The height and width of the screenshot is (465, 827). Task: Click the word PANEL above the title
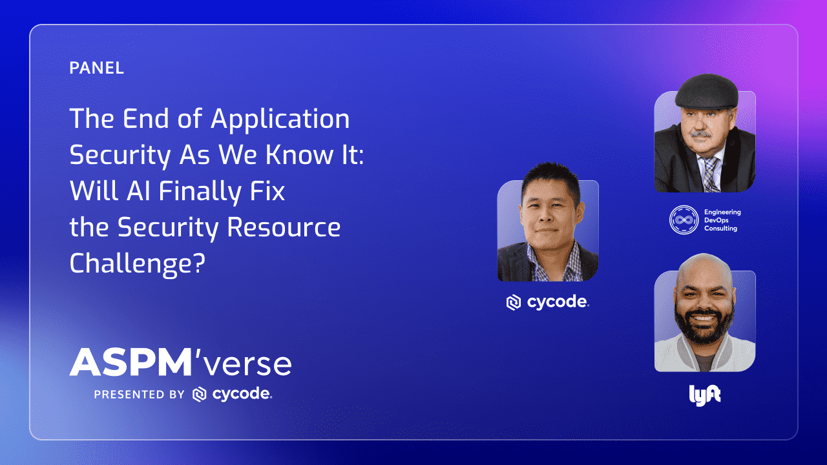point(96,68)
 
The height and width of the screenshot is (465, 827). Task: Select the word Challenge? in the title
point(137,264)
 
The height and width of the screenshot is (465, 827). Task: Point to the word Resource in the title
point(284,227)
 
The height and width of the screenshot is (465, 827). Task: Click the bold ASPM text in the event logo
point(131,362)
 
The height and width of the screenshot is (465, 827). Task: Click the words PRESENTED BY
point(139,395)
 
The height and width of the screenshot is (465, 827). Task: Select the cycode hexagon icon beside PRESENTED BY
point(200,394)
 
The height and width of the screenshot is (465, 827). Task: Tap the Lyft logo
point(705,395)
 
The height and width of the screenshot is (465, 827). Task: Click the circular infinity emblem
point(684,220)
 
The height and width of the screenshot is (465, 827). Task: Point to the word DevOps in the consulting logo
point(717,220)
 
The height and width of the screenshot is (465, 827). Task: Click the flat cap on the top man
point(707,92)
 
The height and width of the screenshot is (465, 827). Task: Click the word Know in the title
point(299,154)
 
